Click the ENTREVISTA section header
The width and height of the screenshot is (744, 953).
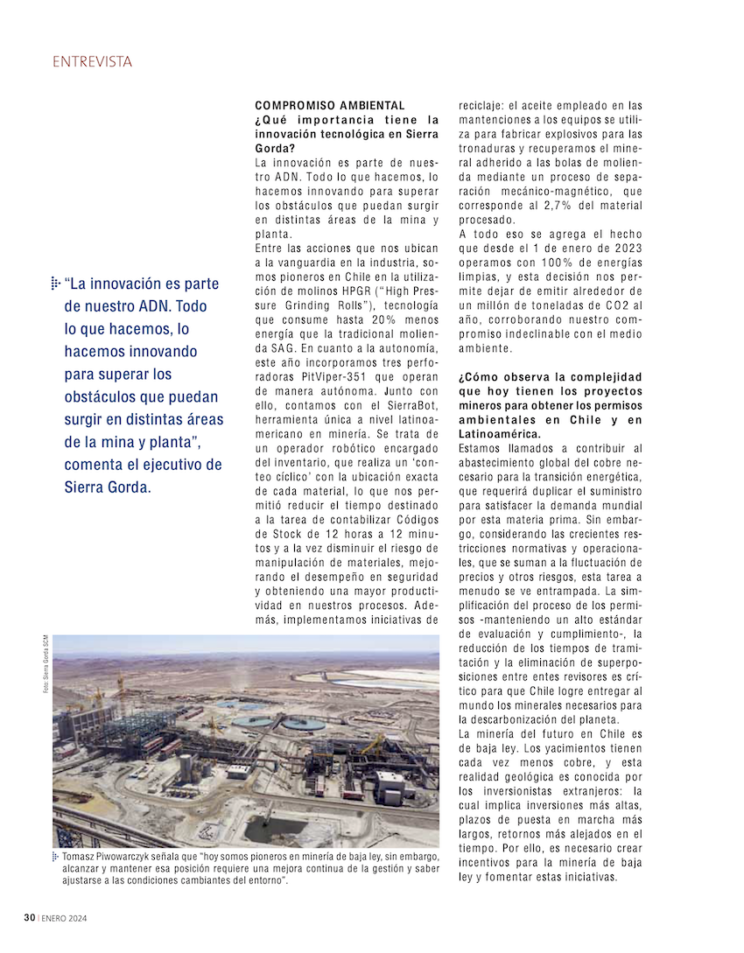92,61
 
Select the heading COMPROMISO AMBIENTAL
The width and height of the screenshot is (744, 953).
329,105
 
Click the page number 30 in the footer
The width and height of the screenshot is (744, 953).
29,918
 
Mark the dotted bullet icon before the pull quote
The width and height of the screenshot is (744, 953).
55,283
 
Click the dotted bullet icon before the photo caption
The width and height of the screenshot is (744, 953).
56,855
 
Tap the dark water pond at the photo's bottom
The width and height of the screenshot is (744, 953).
263,826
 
